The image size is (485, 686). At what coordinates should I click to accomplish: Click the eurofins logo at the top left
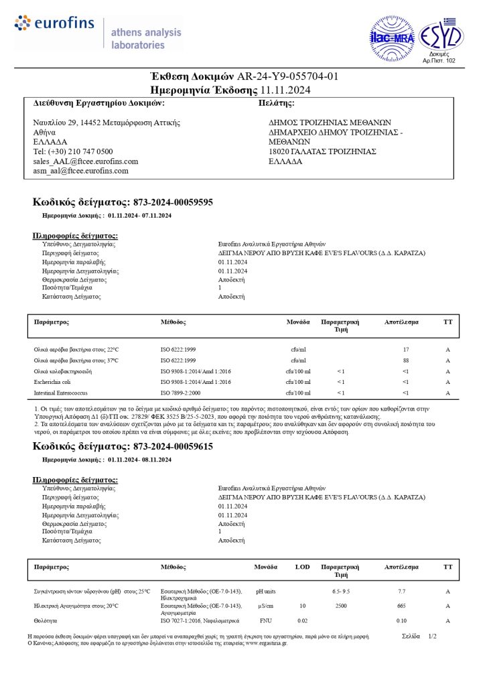(x=55, y=24)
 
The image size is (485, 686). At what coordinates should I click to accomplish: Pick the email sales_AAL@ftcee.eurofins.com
(x=86, y=161)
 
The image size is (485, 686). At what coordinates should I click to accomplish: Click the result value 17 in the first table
(x=405, y=350)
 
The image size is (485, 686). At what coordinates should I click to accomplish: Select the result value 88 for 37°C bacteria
(x=405, y=360)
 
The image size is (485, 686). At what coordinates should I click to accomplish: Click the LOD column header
(x=303, y=567)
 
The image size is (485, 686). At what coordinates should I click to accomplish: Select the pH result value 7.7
(x=401, y=592)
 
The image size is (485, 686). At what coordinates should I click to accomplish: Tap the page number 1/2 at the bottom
(x=432, y=636)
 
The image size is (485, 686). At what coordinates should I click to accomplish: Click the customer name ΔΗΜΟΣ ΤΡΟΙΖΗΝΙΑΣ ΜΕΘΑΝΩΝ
(x=330, y=123)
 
